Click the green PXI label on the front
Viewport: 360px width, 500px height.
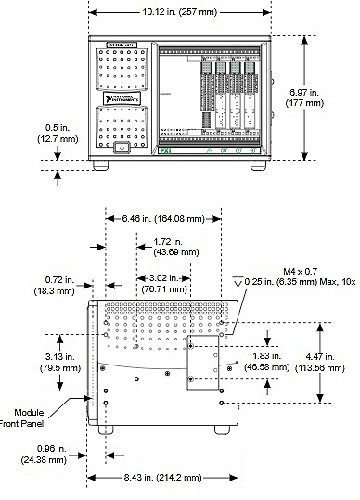[x=164, y=149]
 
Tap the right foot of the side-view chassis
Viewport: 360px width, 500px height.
[x=218, y=430]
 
